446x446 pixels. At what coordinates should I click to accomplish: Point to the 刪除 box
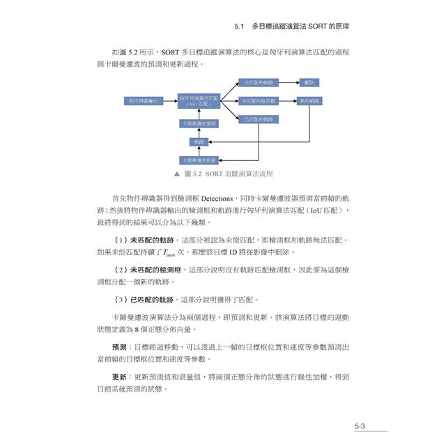(x=310, y=82)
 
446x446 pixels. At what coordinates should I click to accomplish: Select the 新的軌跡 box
(x=310, y=101)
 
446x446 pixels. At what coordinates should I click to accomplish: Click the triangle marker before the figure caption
(x=177, y=174)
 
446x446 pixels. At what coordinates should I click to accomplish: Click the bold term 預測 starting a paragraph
(x=119, y=346)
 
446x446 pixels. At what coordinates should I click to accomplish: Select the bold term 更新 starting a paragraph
(x=119, y=376)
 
